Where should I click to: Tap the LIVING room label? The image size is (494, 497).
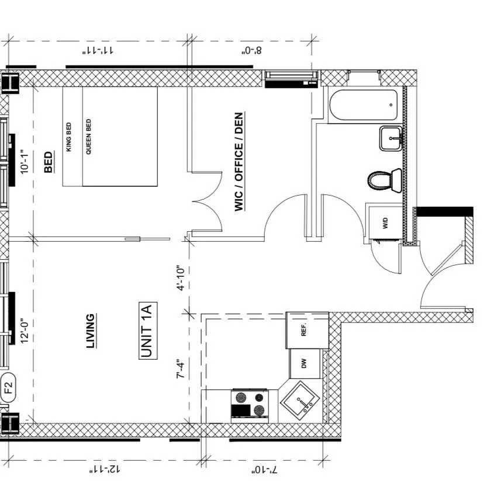click(x=91, y=331)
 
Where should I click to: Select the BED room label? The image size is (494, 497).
click(x=49, y=162)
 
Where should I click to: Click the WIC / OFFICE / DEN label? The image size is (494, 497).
click(x=239, y=162)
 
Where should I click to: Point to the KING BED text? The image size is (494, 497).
click(x=69, y=137)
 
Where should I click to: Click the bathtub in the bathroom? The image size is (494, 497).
click(x=363, y=106)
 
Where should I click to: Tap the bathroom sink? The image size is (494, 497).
click(x=391, y=138)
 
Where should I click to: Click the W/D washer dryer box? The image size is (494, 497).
click(x=385, y=222)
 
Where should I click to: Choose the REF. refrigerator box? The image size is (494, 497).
click(x=304, y=331)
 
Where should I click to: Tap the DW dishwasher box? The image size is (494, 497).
click(x=305, y=364)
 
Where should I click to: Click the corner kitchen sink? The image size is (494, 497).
click(x=299, y=401)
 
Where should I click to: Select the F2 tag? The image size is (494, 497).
click(x=9, y=386)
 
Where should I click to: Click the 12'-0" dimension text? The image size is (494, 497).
click(x=25, y=331)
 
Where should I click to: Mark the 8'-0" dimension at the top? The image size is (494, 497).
click(x=251, y=50)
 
